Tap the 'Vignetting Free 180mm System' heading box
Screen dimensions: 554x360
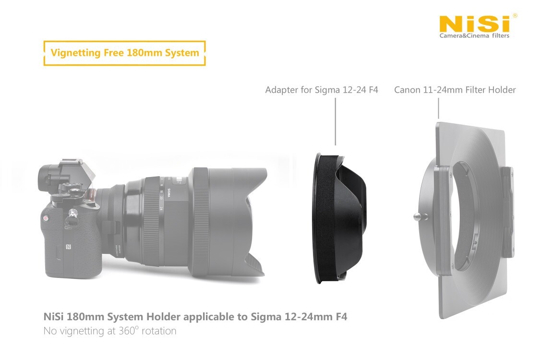[124, 53]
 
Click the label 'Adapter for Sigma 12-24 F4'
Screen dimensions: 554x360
[322, 90]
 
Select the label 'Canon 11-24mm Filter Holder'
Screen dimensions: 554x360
[455, 90]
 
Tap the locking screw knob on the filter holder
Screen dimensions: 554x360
[417, 216]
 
